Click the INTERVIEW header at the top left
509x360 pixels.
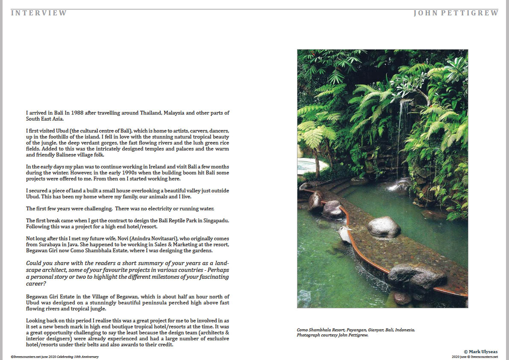[39, 13]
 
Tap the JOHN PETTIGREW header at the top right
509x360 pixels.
[456, 13]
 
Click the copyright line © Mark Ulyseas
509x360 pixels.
[481, 351]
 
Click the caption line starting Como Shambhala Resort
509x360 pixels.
[356, 330]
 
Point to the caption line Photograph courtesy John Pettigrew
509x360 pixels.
[332, 335]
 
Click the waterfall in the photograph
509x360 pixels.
[400, 128]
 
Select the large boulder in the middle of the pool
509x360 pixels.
[384, 227]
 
